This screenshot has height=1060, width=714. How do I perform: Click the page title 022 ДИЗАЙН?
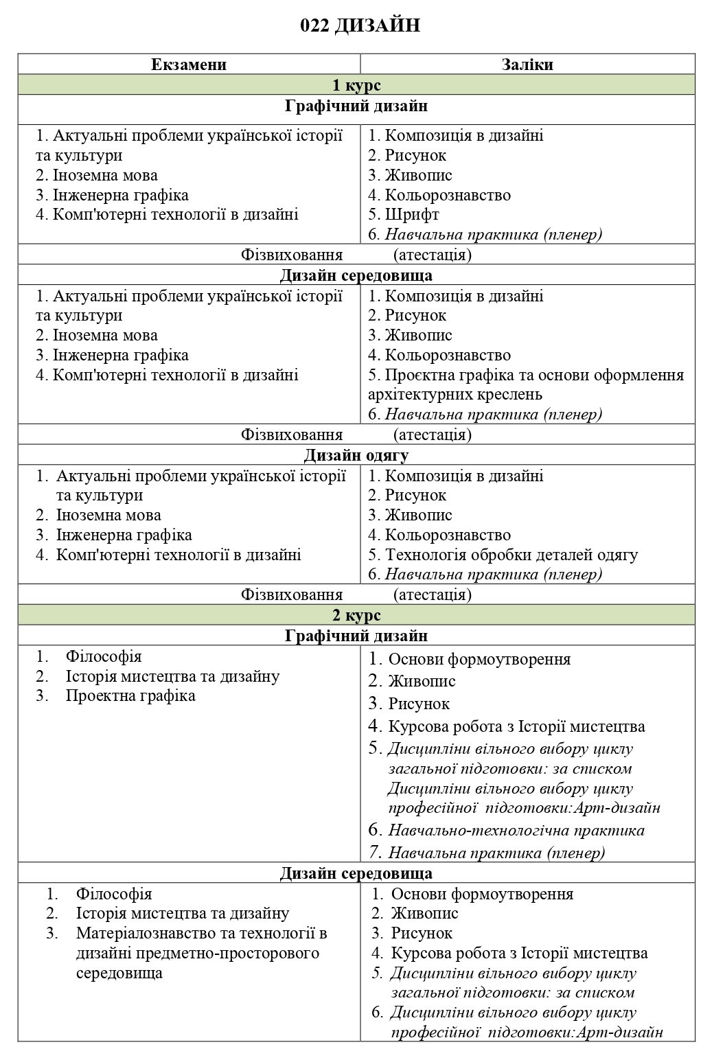360,26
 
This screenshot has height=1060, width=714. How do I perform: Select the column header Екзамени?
189,65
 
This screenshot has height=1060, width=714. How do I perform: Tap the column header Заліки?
527,65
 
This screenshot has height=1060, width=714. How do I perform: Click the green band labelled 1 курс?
356,85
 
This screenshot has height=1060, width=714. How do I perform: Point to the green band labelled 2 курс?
356,615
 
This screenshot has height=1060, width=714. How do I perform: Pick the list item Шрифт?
411,215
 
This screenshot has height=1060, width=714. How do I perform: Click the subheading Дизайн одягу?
356,456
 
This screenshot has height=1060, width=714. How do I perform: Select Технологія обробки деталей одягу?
511,555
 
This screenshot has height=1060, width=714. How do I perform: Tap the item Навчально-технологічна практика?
516,831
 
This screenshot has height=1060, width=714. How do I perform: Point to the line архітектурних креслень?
455,395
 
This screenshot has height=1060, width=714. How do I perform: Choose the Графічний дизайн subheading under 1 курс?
356,106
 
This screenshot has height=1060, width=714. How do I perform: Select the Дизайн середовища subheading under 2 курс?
356,873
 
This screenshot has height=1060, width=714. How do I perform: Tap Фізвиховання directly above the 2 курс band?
292,595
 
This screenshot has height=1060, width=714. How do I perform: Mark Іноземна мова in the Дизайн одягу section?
108,516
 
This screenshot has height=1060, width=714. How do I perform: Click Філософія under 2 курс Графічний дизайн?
104,656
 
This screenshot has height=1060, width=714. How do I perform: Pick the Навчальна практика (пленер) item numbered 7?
496,853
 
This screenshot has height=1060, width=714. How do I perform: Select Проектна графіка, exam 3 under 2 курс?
130,696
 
